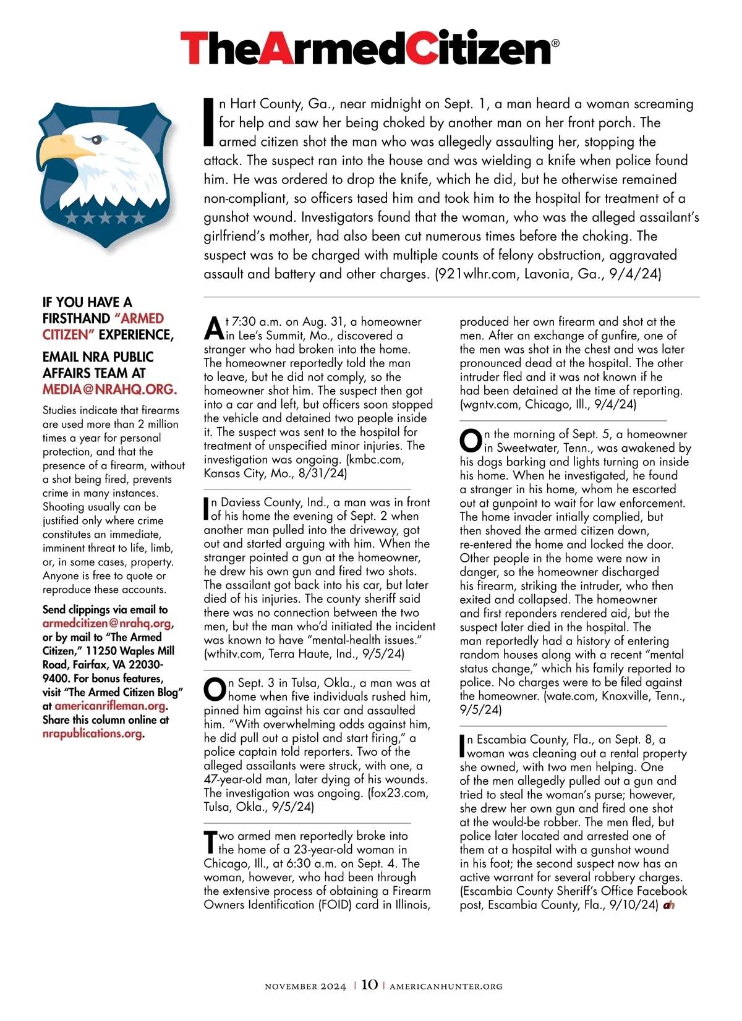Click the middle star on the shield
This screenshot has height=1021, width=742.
click(105, 218)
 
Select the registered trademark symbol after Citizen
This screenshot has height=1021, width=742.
click(555, 43)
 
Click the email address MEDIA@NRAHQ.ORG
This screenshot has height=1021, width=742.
click(109, 390)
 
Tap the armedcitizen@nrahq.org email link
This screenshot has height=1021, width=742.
click(107, 624)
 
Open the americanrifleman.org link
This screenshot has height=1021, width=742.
click(110, 706)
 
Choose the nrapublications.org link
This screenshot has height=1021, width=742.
click(92, 734)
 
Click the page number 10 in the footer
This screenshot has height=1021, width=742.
click(369, 985)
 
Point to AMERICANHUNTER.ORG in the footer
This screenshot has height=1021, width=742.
click(446, 986)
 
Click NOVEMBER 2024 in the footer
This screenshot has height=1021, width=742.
click(305, 986)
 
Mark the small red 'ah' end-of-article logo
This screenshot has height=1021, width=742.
click(668, 905)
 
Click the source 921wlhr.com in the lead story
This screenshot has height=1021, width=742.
click(477, 274)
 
